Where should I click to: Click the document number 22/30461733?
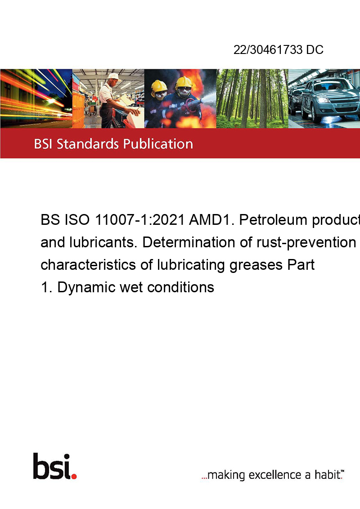point(268,49)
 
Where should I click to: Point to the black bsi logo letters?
point(52,466)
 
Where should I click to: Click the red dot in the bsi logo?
point(74,476)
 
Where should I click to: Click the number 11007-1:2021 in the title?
point(139,220)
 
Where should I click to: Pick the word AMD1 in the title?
point(212,220)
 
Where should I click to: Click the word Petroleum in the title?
point(273,220)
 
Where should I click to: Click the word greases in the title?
point(256,265)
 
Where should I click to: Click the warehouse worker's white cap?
point(114,76)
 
